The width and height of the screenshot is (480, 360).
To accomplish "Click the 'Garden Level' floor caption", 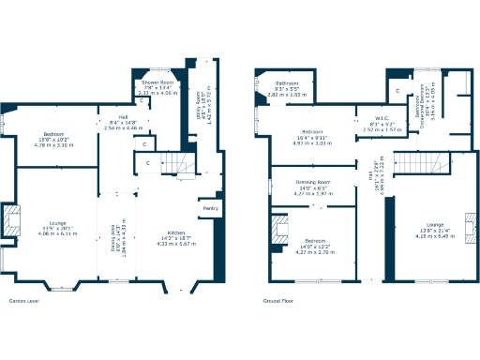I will pos(23,301).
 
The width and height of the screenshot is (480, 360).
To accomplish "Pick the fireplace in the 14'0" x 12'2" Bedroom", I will pos(280,231).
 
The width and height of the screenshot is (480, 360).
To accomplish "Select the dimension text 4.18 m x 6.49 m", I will pos(434,236).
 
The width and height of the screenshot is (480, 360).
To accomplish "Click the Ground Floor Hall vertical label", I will pos(372,175).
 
